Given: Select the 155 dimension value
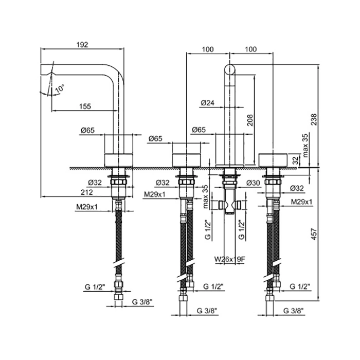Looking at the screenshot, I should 85,106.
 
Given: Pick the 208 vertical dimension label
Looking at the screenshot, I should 249,119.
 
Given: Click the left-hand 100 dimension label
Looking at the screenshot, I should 207,49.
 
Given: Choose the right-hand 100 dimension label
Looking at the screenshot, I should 251,49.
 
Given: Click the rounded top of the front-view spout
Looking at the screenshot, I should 229,67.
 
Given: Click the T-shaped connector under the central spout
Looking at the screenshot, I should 229,205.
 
